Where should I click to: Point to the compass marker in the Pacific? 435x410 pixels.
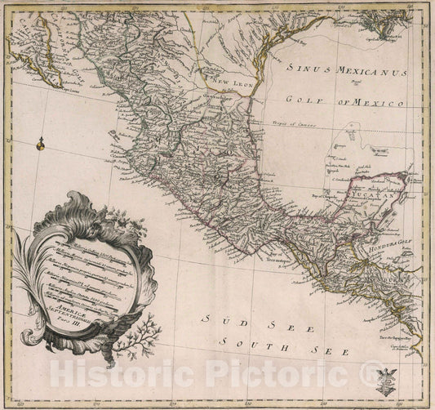[38, 146]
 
